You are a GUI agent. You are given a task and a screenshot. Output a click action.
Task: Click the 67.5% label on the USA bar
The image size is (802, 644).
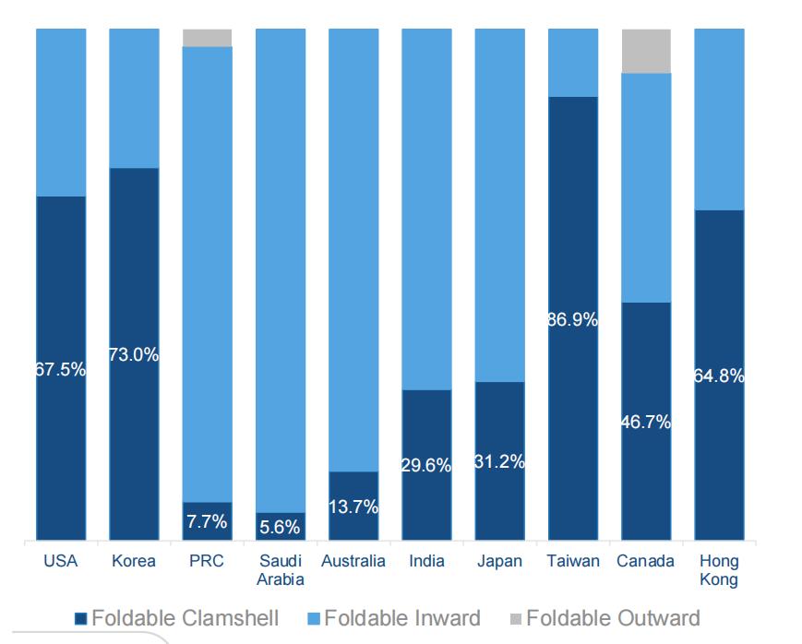point(61,369)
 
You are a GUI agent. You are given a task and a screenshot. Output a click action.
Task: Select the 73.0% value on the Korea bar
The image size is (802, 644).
point(134,354)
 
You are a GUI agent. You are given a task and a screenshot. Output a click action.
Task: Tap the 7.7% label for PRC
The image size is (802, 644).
point(207,521)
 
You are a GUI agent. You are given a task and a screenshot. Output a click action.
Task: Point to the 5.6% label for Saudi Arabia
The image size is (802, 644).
point(280,528)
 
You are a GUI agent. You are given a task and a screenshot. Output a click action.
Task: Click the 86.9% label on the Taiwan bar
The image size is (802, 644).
point(572,320)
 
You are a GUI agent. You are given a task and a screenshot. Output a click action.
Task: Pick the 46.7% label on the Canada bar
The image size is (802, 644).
point(646,423)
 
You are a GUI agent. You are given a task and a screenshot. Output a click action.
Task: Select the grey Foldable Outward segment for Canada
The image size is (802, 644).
point(646,51)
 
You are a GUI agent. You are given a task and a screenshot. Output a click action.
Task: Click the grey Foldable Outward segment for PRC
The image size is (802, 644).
point(207,37)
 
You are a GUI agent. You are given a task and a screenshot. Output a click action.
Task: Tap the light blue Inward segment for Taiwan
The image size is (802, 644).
point(572,62)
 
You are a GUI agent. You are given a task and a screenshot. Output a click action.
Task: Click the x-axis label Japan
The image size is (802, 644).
point(499,561)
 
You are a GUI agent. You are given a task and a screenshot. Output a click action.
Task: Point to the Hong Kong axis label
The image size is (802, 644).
point(719,570)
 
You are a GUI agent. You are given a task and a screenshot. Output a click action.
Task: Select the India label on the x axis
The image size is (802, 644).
point(426,561)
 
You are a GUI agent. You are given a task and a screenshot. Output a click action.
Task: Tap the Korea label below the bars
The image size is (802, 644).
point(134,561)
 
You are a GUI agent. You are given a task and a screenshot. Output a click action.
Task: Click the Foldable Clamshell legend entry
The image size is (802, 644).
point(175,618)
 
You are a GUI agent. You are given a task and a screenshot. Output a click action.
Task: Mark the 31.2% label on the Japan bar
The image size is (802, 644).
point(499,461)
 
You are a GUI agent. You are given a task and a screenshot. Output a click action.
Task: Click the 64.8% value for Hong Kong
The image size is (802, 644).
point(719,376)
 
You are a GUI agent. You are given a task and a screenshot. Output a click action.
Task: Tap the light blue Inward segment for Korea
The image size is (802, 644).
point(134,97)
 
